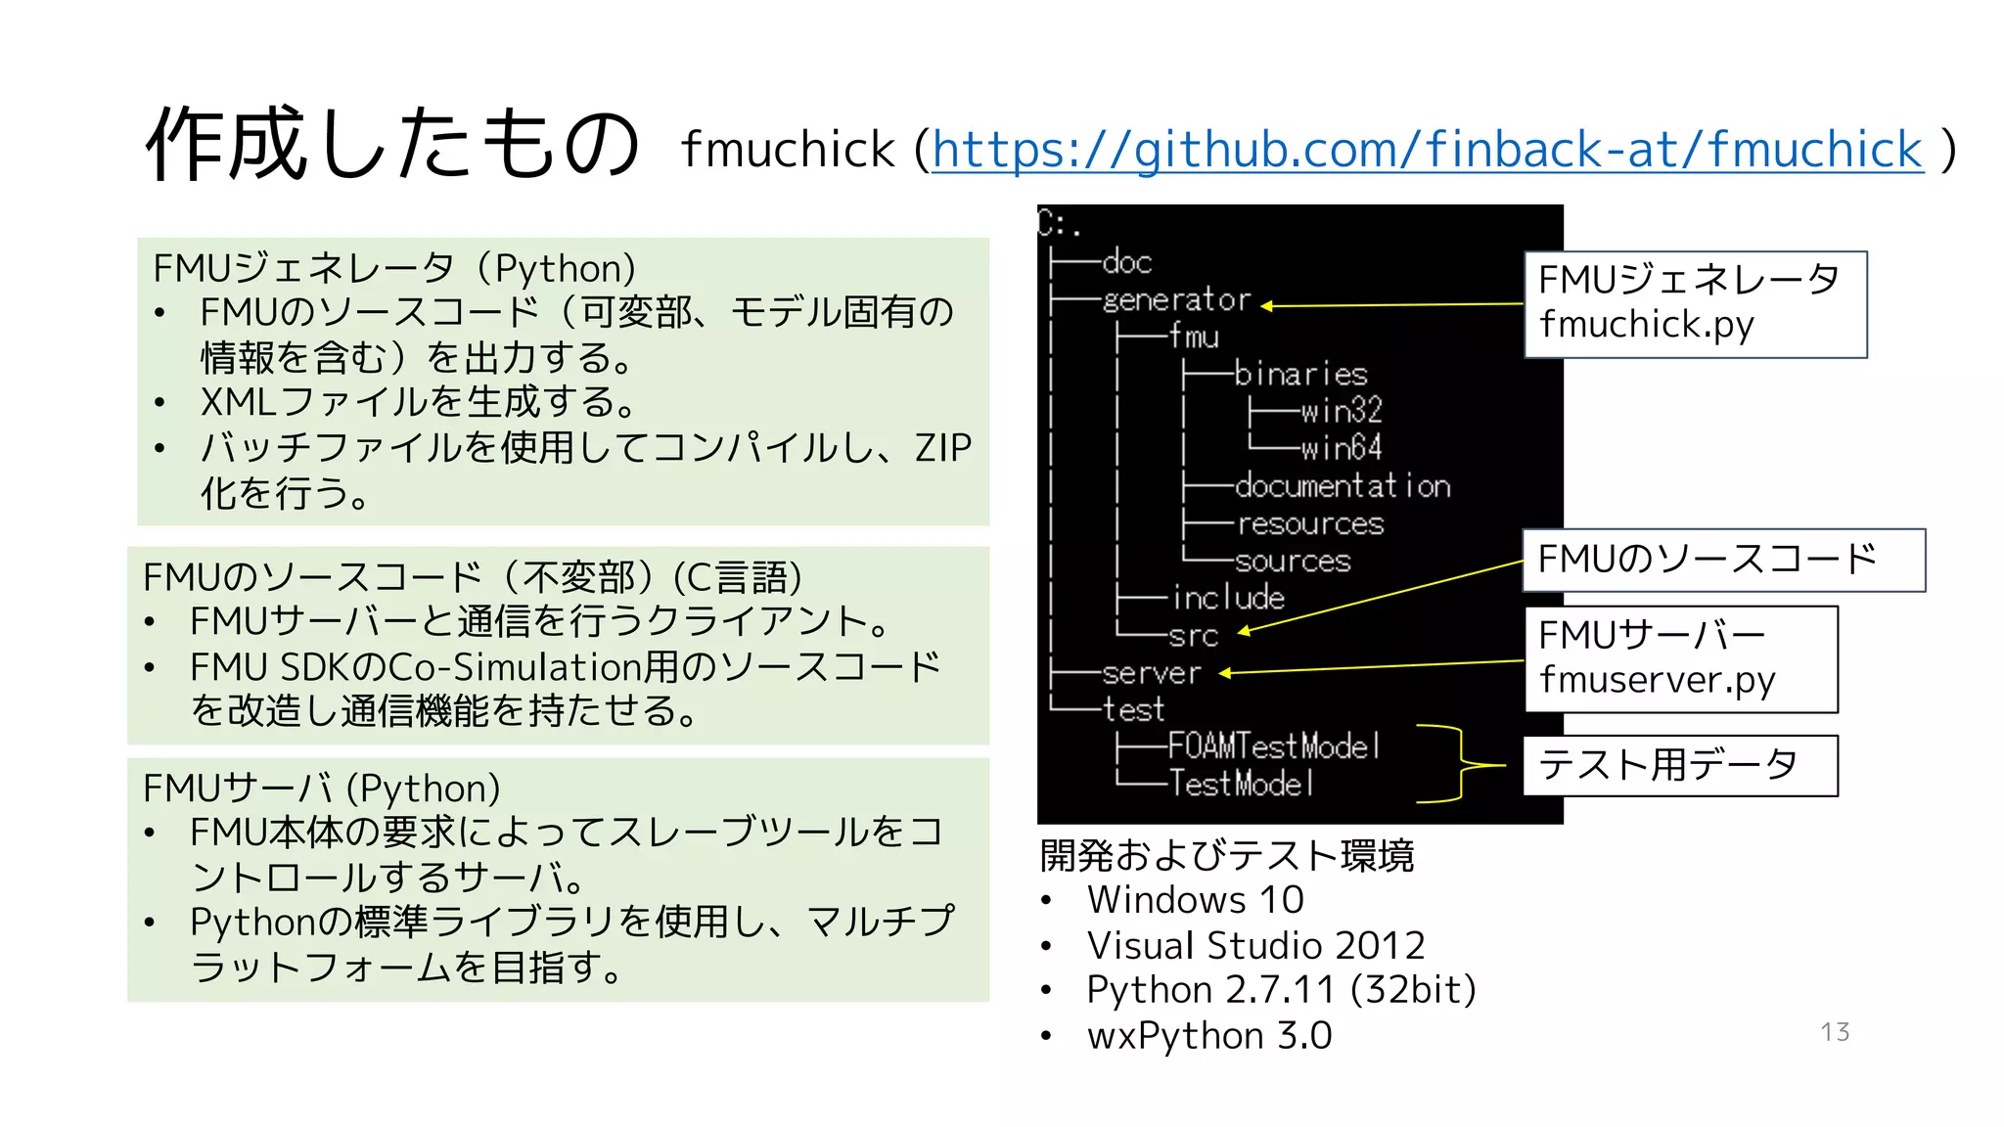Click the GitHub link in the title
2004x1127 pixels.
(x=1427, y=150)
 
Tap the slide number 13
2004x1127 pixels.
(x=1835, y=1032)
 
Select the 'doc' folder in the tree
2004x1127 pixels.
(x=1127, y=262)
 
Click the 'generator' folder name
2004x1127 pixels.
(x=1176, y=299)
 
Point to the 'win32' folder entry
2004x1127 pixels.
(x=1341, y=410)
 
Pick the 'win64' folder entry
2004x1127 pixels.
(x=1341, y=448)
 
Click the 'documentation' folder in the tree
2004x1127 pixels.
(x=1343, y=486)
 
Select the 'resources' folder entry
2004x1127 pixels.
(x=1310, y=524)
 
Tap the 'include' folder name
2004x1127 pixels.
(x=1228, y=598)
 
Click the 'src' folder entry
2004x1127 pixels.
(x=1193, y=636)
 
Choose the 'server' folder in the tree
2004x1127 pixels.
(x=1151, y=673)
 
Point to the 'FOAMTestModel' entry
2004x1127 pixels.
(x=1274, y=747)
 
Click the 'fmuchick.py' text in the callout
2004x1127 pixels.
(x=1647, y=325)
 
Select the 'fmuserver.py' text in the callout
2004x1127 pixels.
(x=1657, y=680)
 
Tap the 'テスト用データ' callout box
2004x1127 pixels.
(x=1679, y=765)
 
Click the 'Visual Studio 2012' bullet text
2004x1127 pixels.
(x=1255, y=946)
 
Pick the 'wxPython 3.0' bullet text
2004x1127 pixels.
(x=1209, y=1036)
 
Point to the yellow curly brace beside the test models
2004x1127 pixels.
(x=1460, y=765)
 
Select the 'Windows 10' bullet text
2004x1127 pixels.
(x=1195, y=900)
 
